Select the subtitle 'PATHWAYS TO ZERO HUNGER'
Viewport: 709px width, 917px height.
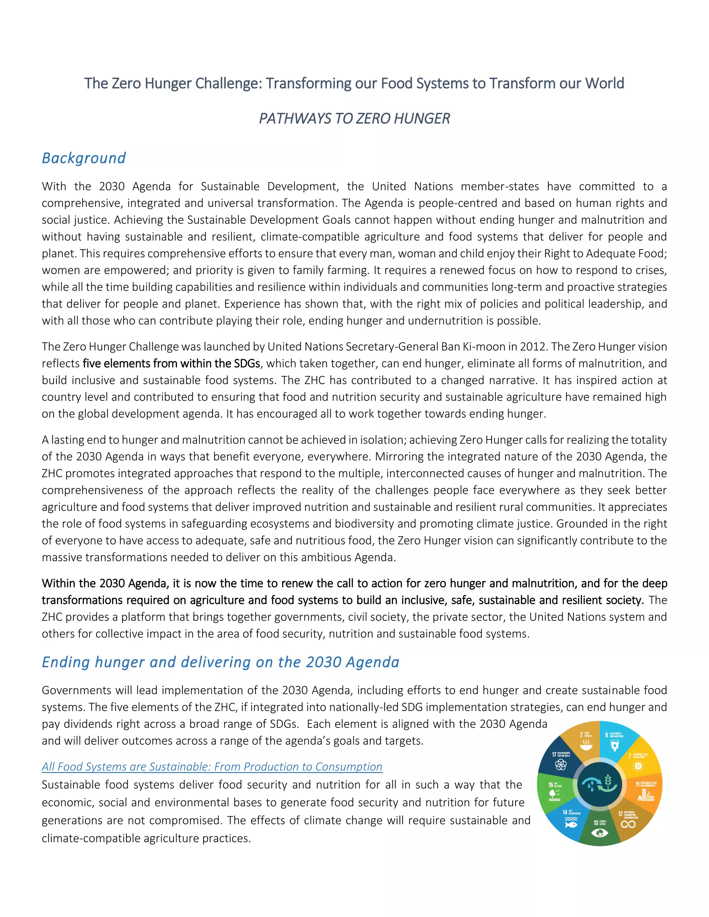(x=354, y=119)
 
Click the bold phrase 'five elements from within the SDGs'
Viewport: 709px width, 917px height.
(x=171, y=364)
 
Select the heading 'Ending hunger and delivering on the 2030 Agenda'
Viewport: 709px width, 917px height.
(x=221, y=662)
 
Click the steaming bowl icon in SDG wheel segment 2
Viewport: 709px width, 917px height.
(x=586, y=745)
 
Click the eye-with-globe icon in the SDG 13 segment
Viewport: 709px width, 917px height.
(x=599, y=832)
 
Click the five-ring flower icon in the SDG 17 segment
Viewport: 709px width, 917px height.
(x=561, y=765)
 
